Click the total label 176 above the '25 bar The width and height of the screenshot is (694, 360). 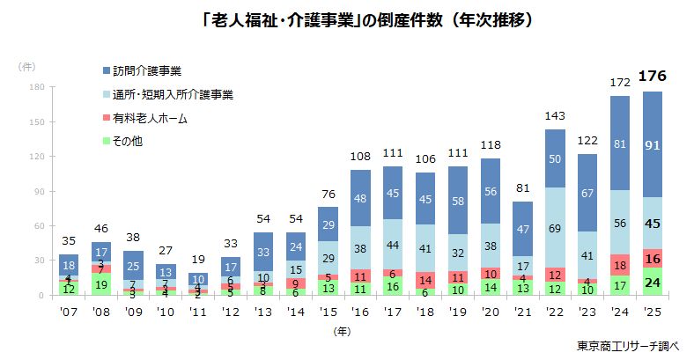click(653, 76)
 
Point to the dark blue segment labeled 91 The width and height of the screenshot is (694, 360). click(653, 144)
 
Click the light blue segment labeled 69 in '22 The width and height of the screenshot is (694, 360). click(554, 228)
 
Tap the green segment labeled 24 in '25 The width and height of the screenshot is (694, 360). click(653, 283)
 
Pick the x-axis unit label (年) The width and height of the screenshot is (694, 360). click(343, 332)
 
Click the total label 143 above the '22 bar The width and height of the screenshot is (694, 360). click(554, 116)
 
